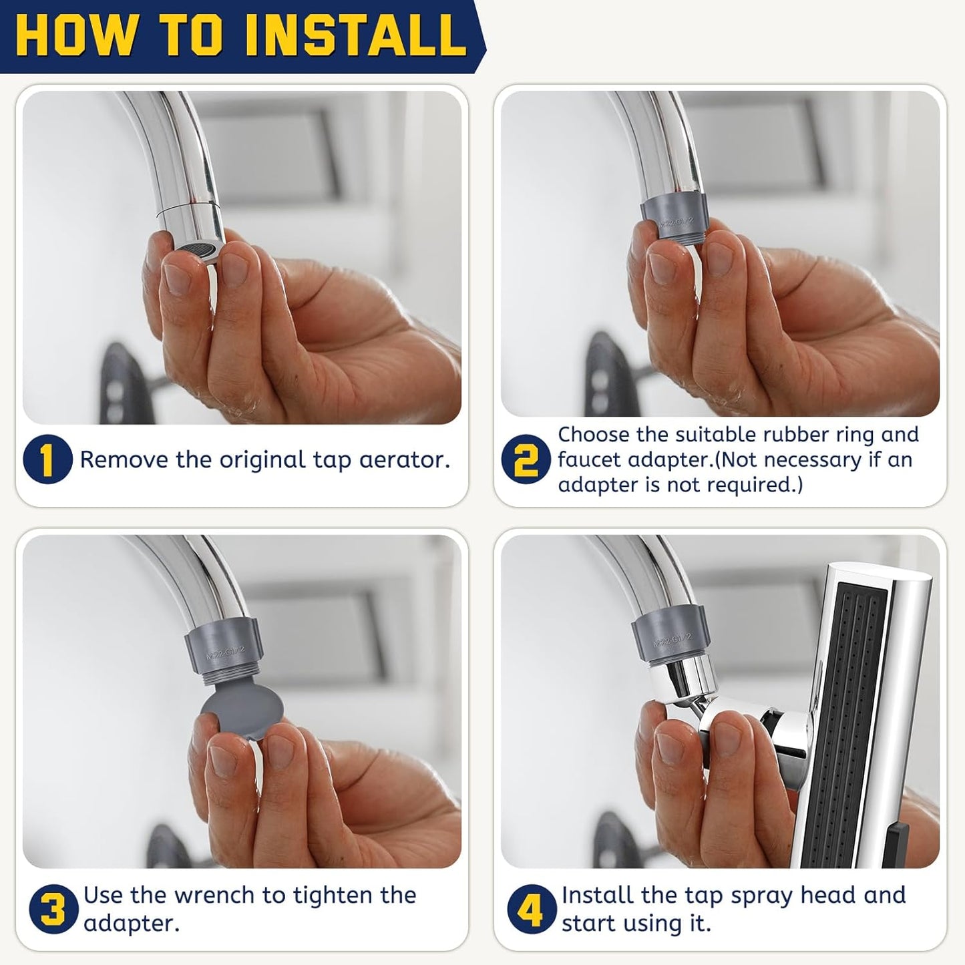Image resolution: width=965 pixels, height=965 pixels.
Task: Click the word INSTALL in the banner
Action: pyautogui.click(x=357, y=35)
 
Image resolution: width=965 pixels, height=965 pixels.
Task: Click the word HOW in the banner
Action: pyautogui.click(x=75, y=35)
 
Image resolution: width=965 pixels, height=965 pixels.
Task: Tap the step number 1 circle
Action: pyautogui.click(x=47, y=459)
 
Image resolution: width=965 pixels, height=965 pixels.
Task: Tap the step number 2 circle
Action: pyautogui.click(x=526, y=459)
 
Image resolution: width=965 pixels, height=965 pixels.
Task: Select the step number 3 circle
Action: pyautogui.click(x=53, y=909)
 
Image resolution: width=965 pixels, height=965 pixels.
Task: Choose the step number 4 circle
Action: pyautogui.click(x=532, y=909)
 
